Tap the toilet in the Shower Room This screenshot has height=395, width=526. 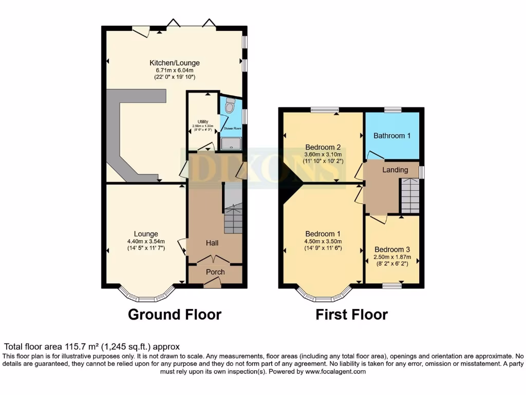[230, 105]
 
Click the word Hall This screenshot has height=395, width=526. [213, 242]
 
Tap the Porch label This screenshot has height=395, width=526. [215, 272]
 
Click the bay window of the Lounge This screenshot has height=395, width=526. [147, 297]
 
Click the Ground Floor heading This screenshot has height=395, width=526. [174, 314]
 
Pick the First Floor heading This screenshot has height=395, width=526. [351, 314]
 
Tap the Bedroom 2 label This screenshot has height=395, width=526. [323, 147]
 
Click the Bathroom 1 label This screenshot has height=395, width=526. [392, 136]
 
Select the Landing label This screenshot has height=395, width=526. [396, 170]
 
